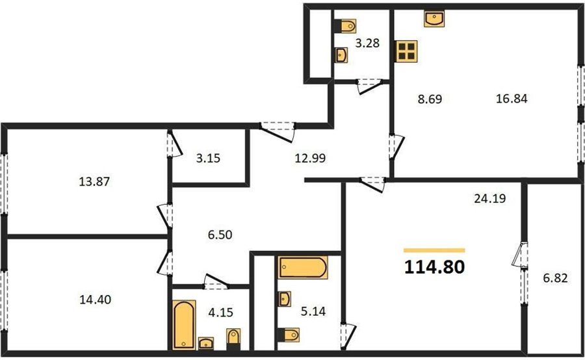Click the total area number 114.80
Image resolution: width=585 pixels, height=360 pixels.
435,267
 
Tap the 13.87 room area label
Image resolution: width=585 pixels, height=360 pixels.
95,182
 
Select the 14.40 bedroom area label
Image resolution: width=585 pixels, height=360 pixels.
95,300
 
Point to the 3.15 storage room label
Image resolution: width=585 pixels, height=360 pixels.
208,158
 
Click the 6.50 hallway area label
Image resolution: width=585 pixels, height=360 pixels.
220,235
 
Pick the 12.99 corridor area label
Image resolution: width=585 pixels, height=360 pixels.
310,158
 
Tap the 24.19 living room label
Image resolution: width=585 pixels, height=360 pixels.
490,198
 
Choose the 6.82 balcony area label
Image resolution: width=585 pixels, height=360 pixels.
556,278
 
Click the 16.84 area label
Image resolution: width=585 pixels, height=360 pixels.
512,99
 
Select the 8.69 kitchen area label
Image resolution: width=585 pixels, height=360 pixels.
430,99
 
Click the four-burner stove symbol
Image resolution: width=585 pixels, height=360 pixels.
406,51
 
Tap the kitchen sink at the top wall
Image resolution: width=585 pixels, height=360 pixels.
434,19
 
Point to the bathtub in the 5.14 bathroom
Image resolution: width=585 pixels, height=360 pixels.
303,268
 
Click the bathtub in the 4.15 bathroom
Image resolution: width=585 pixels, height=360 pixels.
184,325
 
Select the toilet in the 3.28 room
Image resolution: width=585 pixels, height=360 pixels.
344,26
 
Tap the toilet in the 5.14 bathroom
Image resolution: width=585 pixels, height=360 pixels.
289,335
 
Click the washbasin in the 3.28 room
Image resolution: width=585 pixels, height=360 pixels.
341,55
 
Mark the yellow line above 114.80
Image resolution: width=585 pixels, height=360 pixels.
434,250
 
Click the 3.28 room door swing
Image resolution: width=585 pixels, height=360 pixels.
369,86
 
